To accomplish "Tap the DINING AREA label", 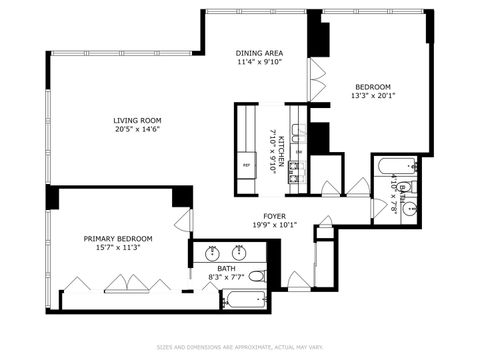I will (259, 53).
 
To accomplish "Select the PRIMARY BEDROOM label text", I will (118, 239).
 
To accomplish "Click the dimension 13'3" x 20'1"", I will (371, 97).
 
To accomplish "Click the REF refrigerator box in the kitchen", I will (246, 166).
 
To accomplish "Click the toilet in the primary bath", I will (256, 275).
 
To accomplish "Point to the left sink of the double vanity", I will (211, 250).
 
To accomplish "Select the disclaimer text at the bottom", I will (239, 348).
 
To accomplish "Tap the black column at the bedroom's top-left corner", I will (316, 39).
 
